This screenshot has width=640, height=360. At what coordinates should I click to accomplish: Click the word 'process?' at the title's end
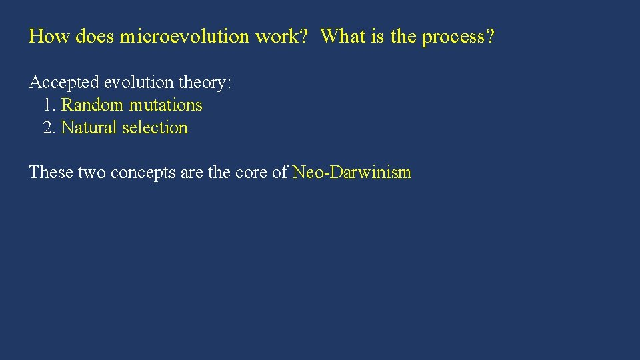pyautogui.click(x=459, y=37)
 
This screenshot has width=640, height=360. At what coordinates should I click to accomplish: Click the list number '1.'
pyautogui.click(x=49, y=105)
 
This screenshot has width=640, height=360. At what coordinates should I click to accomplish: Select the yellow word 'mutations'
pyautogui.click(x=166, y=105)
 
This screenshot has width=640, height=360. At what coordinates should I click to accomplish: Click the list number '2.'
pyautogui.click(x=49, y=128)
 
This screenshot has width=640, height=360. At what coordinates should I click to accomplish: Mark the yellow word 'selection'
pyautogui.click(x=155, y=128)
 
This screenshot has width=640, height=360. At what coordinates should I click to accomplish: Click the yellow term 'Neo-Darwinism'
pyautogui.click(x=352, y=173)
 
